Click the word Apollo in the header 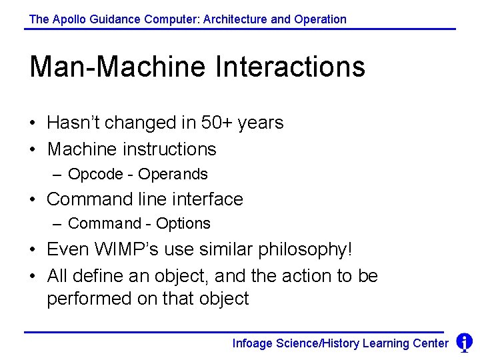69,19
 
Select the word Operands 173,175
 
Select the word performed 89,299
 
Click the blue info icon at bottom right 464,343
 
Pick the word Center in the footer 431,343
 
